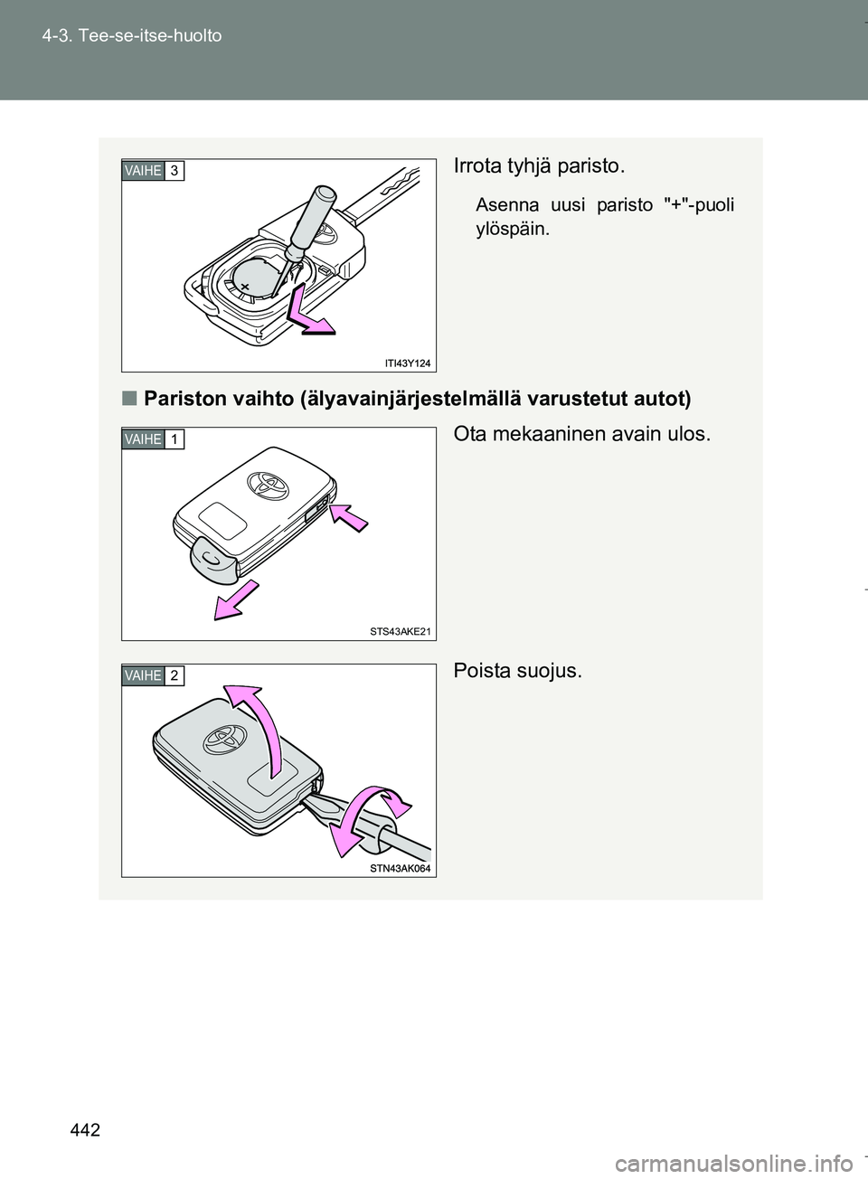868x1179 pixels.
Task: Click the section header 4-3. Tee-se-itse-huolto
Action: [132, 36]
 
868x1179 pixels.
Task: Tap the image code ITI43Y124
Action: [408, 363]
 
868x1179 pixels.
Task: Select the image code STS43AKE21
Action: [400, 632]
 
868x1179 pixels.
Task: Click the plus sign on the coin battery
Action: [244, 287]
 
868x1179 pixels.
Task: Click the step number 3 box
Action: [175, 171]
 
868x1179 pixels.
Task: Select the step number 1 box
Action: [175, 439]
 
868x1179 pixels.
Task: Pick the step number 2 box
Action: [175, 675]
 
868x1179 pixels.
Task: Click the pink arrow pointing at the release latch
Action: [349, 517]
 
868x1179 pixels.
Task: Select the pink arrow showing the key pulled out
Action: [236, 600]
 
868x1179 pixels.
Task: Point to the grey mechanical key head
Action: [212, 561]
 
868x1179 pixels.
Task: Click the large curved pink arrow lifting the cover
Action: [255, 727]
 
